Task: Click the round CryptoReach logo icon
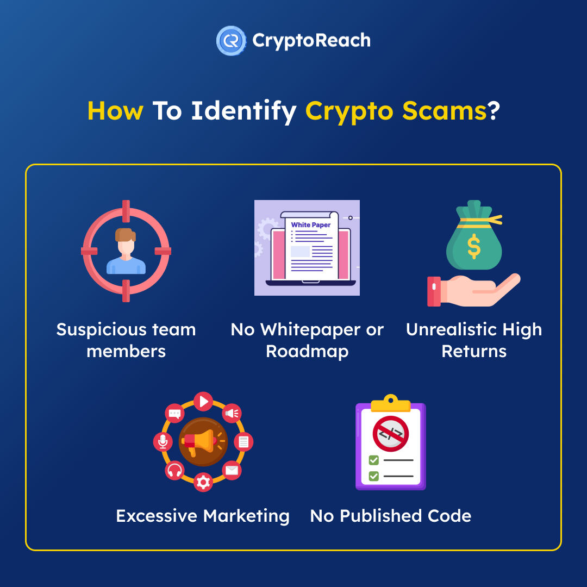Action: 232,40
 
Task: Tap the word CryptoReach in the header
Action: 311,40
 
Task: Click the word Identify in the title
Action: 243,111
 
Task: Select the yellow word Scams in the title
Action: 445,111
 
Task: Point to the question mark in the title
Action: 494,110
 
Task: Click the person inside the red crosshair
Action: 126,251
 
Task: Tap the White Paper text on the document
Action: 311,225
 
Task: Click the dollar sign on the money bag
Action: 474,246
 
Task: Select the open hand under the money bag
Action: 474,290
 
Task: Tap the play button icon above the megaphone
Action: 203,402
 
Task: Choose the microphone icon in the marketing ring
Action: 163,442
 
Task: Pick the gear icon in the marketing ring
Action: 203,482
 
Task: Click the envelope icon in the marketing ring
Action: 232,470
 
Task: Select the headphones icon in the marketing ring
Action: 174,470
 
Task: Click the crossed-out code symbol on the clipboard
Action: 390,434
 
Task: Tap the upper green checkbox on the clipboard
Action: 373,460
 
